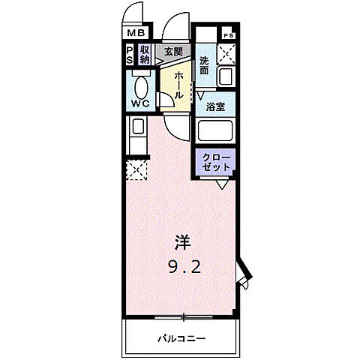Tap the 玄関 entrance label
[x=173, y=52]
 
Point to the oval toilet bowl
[x=141, y=83]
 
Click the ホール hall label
[x=180, y=84]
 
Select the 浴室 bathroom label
[x=217, y=106]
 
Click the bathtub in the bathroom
[x=217, y=131]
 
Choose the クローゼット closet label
[x=217, y=160]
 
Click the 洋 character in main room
[x=182, y=243]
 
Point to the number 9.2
[x=182, y=266]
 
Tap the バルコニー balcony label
[x=181, y=337]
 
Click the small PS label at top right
[x=228, y=35]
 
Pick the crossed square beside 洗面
[x=227, y=55]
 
